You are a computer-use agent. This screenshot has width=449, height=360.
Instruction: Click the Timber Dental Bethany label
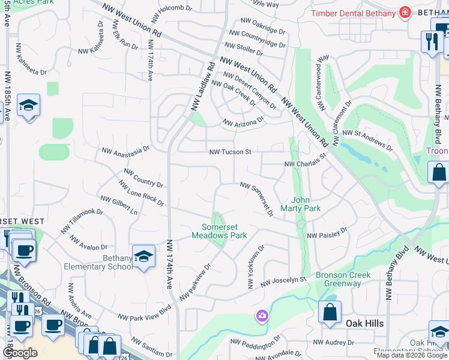[353, 13]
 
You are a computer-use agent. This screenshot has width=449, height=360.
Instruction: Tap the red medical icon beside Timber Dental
[405, 13]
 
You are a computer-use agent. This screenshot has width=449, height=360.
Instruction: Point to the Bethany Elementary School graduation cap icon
[144, 257]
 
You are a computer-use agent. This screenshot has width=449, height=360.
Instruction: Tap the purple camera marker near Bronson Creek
[262, 315]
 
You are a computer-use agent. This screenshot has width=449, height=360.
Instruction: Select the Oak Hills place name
[364, 323]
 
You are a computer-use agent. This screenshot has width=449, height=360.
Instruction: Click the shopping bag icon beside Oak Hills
[330, 312]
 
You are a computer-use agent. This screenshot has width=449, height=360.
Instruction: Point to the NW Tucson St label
[230, 152]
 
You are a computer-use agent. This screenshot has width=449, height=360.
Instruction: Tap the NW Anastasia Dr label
[125, 151]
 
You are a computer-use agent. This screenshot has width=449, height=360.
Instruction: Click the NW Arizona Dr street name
[243, 122]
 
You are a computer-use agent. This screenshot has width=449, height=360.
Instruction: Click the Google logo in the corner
[20, 352]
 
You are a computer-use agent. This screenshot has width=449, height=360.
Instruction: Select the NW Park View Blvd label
[144, 316]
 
